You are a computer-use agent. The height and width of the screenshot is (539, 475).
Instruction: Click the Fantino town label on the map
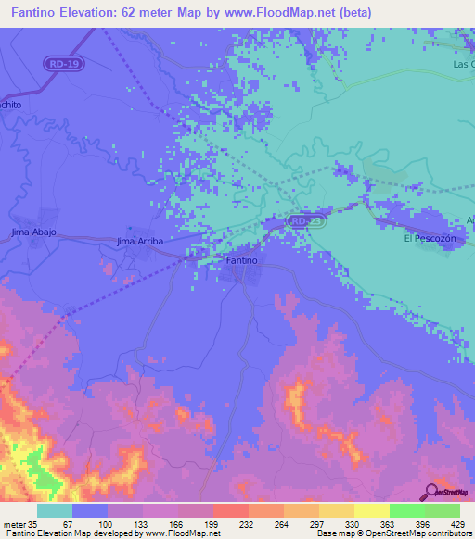(x=241, y=261)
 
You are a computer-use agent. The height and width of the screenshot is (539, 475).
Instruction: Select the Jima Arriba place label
(x=139, y=241)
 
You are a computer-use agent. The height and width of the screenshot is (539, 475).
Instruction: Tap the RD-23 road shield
(x=304, y=222)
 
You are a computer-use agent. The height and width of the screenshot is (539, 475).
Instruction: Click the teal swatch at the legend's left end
(x=55, y=510)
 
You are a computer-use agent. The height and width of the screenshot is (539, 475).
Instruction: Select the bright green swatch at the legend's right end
(x=443, y=510)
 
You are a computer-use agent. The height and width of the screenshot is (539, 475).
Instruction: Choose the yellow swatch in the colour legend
(x=372, y=510)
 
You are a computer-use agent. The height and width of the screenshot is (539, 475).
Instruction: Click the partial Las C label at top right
(x=463, y=64)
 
